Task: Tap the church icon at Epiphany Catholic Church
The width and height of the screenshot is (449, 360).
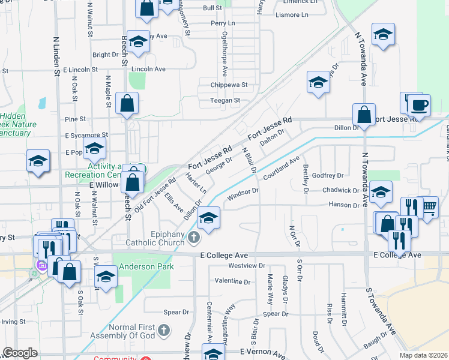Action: (193, 239)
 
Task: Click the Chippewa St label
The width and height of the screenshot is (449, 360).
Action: (229, 85)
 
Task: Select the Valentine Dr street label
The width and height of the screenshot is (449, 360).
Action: (232, 281)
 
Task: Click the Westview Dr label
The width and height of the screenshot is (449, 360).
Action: (247, 265)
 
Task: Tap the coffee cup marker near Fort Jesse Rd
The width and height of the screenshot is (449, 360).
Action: (418, 106)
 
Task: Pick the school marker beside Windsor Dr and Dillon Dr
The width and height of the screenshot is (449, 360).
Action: (208, 218)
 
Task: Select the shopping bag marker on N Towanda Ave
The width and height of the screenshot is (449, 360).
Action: (364, 115)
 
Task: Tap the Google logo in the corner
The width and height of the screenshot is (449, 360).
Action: (20, 353)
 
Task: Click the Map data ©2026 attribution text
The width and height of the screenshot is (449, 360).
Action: (423, 355)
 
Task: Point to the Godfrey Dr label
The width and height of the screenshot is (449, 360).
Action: (328, 175)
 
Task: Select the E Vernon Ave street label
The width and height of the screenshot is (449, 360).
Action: (263, 353)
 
